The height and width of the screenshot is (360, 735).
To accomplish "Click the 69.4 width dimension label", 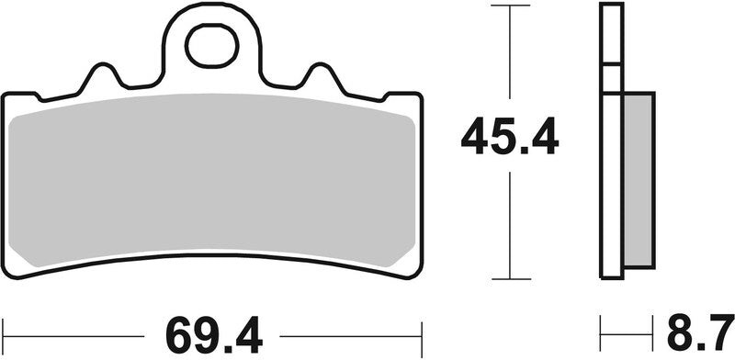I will point(210,328).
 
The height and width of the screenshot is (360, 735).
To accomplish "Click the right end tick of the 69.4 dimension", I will point(420,328).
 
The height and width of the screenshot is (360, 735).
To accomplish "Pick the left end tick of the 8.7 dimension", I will point(602,328).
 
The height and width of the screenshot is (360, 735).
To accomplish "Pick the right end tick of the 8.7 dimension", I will point(654,328).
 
